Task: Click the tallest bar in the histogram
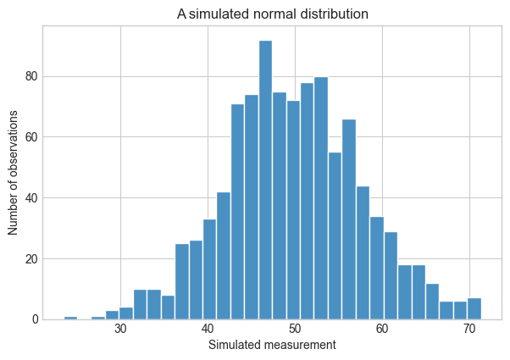[x=265, y=180]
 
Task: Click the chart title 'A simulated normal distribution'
[x=273, y=14]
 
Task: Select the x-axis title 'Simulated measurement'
[x=272, y=345]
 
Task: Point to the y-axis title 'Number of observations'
[x=13, y=173]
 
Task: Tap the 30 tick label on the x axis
[x=120, y=330]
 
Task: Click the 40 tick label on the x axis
[x=208, y=330]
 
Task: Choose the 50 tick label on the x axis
[x=295, y=330]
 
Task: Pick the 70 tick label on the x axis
[x=469, y=330]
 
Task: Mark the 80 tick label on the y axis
[x=31, y=76]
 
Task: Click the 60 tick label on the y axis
[x=31, y=137]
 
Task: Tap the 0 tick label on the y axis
[x=35, y=319]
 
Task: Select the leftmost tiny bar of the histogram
[x=70, y=318]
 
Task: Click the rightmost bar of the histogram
[x=474, y=308]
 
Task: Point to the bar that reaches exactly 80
[x=321, y=198]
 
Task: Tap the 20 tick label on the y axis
[x=31, y=259]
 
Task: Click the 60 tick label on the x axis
[x=382, y=330]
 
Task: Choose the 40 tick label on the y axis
[x=31, y=197]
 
